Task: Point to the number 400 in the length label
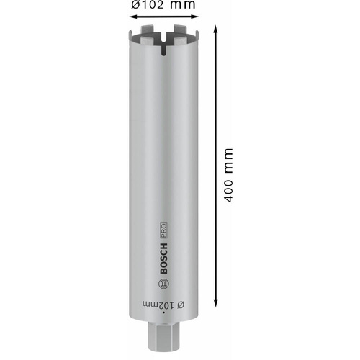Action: [x=228, y=188]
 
